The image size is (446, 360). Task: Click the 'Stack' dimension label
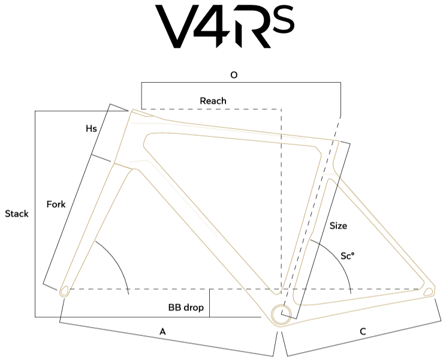(x=17, y=214)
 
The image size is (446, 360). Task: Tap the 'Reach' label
(x=213, y=101)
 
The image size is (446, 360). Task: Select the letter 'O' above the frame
(x=234, y=75)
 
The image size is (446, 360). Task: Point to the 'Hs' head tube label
(x=91, y=128)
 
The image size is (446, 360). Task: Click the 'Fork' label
(x=56, y=204)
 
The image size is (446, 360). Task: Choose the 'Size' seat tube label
(x=338, y=226)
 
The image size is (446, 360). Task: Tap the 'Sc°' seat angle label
(x=347, y=256)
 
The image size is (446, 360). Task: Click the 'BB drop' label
(x=186, y=307)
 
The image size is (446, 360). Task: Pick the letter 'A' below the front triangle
(x=162, y=331)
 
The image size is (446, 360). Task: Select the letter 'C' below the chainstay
(x=363, y=331)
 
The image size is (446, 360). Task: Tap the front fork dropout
(x=64, y=292)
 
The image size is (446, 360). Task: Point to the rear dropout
(x=429, y=292)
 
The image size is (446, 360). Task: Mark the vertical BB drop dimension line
(x=210, y=303)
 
